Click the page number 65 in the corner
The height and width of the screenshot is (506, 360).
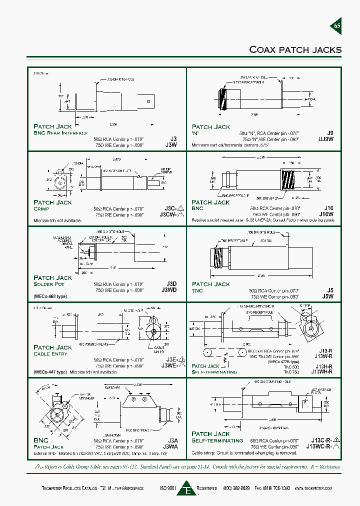tap(336, 26)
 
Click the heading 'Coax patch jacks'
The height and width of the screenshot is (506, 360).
tap(295, 49)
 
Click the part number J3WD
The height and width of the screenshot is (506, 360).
tap(169, 290)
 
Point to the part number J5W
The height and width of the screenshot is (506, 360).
tap(328, 296)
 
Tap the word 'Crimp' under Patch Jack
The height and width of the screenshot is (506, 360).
tap(41, 208)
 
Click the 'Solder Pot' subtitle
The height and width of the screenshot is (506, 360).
tap(49, 284)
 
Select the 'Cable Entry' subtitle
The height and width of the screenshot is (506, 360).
tap(50, 353)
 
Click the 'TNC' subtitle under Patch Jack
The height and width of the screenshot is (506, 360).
tap(197, 290)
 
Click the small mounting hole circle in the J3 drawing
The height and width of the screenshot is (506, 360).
tap(148, 101)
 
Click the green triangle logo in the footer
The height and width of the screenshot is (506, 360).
tap(186, 487)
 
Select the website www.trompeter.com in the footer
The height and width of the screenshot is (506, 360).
tap(318, 487)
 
